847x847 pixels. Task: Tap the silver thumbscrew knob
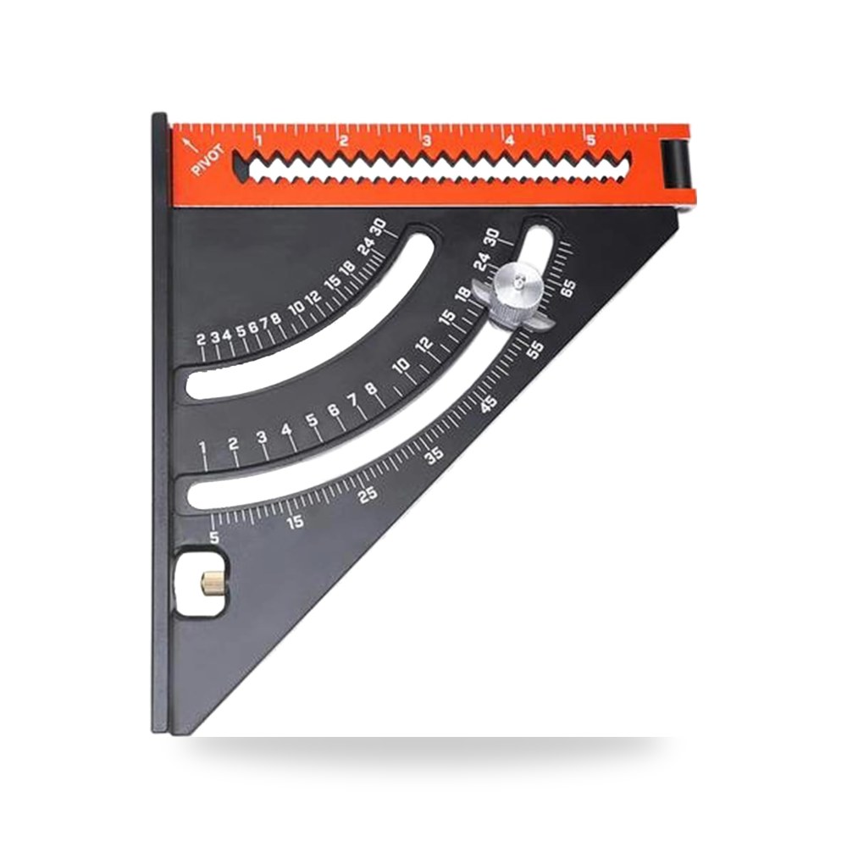(517, 296)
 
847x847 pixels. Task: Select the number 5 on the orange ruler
(591, 141)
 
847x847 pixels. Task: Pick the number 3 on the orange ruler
(426, 141)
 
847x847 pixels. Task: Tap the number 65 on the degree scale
(567, 288)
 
